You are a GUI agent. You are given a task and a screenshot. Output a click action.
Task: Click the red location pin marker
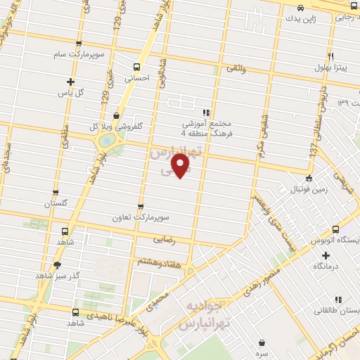181,166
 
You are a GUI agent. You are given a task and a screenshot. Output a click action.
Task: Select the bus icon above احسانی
136,67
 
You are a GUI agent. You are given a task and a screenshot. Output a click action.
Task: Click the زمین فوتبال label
309,190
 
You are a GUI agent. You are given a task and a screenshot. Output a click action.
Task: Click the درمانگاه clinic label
325,267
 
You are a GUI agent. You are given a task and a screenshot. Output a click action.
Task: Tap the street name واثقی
238,69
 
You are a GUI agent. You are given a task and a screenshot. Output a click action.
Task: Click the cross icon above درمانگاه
325,255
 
